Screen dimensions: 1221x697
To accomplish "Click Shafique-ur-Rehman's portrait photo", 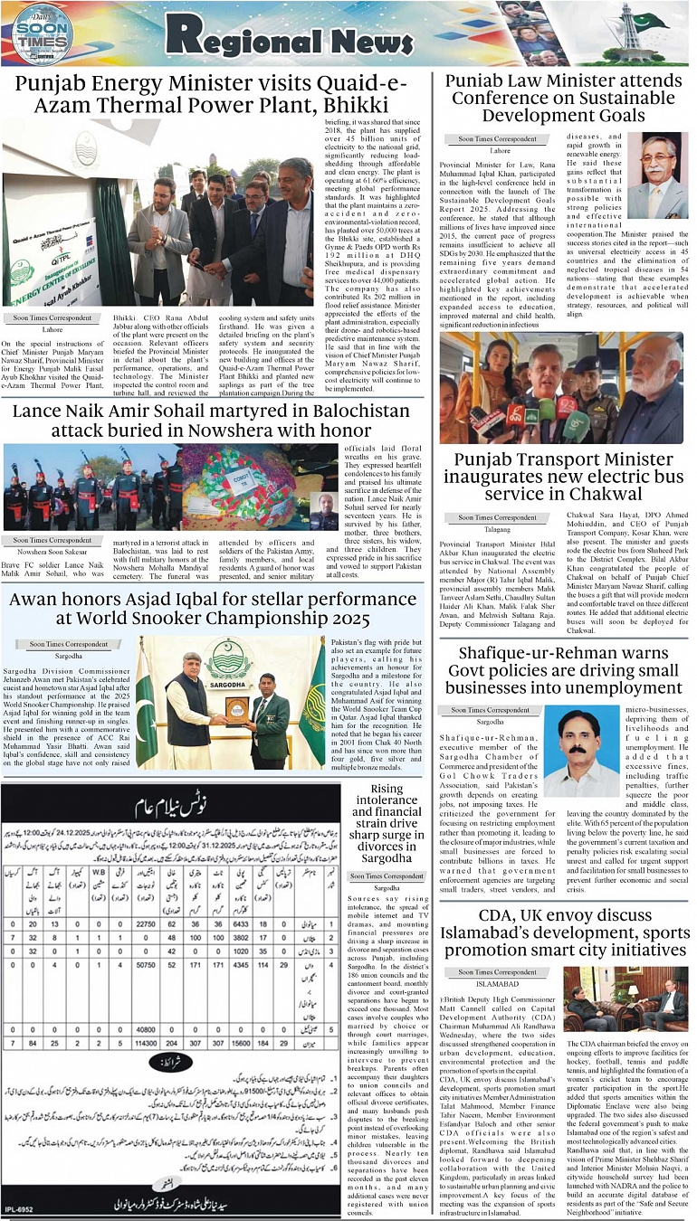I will coord(578,752).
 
